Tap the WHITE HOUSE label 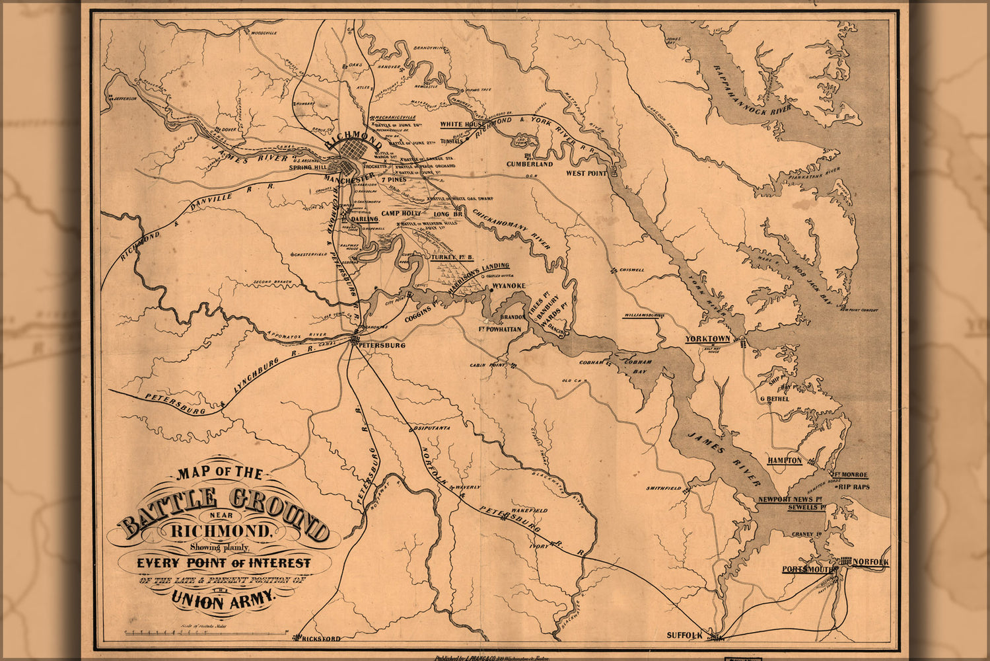(x=462, y=124)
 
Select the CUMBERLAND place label (x=530, y=163)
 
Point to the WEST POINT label (x=586, y=173)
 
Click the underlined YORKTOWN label (x=707, y=339)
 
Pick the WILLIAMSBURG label (x=643, y=316)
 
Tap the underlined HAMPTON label (x=785, y=460)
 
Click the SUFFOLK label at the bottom (x=684, y=635)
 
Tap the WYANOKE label (x=509, y=286)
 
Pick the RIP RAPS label (x=854, y=486)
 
